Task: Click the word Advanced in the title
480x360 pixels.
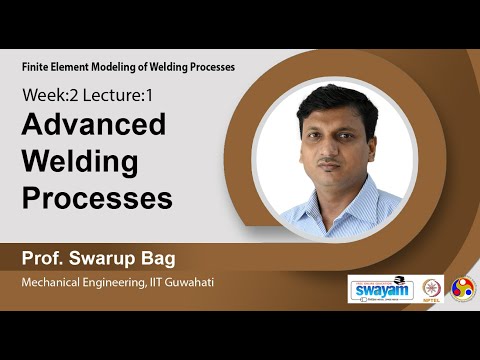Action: pyautogui.click(x=94, y=126)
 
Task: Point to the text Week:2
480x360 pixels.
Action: pyautogui.click(x=49, y=97)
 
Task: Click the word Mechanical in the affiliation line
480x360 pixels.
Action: pyautogui.click(x=55, y=283)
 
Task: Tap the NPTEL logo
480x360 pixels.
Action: pyautogui.click(x=432, y=289)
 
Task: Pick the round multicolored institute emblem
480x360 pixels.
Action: pyautogui.click(x=462, y=288)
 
